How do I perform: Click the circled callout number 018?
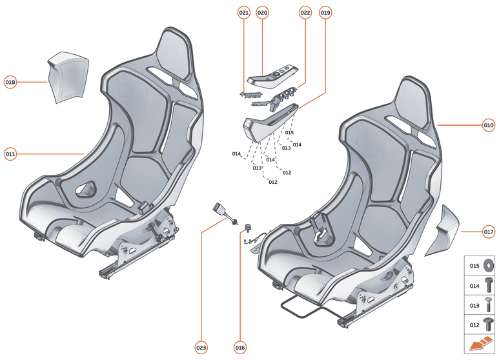tap(10, 82)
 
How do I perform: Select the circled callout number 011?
tap(10, 154)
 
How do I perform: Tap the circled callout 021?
tap(243, 12)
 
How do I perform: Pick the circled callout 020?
tap(262, 12)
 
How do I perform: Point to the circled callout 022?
tap(305, 12)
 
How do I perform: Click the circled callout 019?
tap(325, 12)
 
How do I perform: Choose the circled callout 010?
tap(488, 125)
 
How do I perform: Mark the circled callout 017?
tap(488, 231)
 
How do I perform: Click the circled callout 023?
tap(201, 348)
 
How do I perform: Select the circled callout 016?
tap(240, 348)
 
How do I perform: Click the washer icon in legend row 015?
tap(488, 265)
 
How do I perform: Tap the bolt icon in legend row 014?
tap(488, 285)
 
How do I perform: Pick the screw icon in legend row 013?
tap(488, 305)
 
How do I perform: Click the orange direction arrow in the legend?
tap(480, 345)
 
